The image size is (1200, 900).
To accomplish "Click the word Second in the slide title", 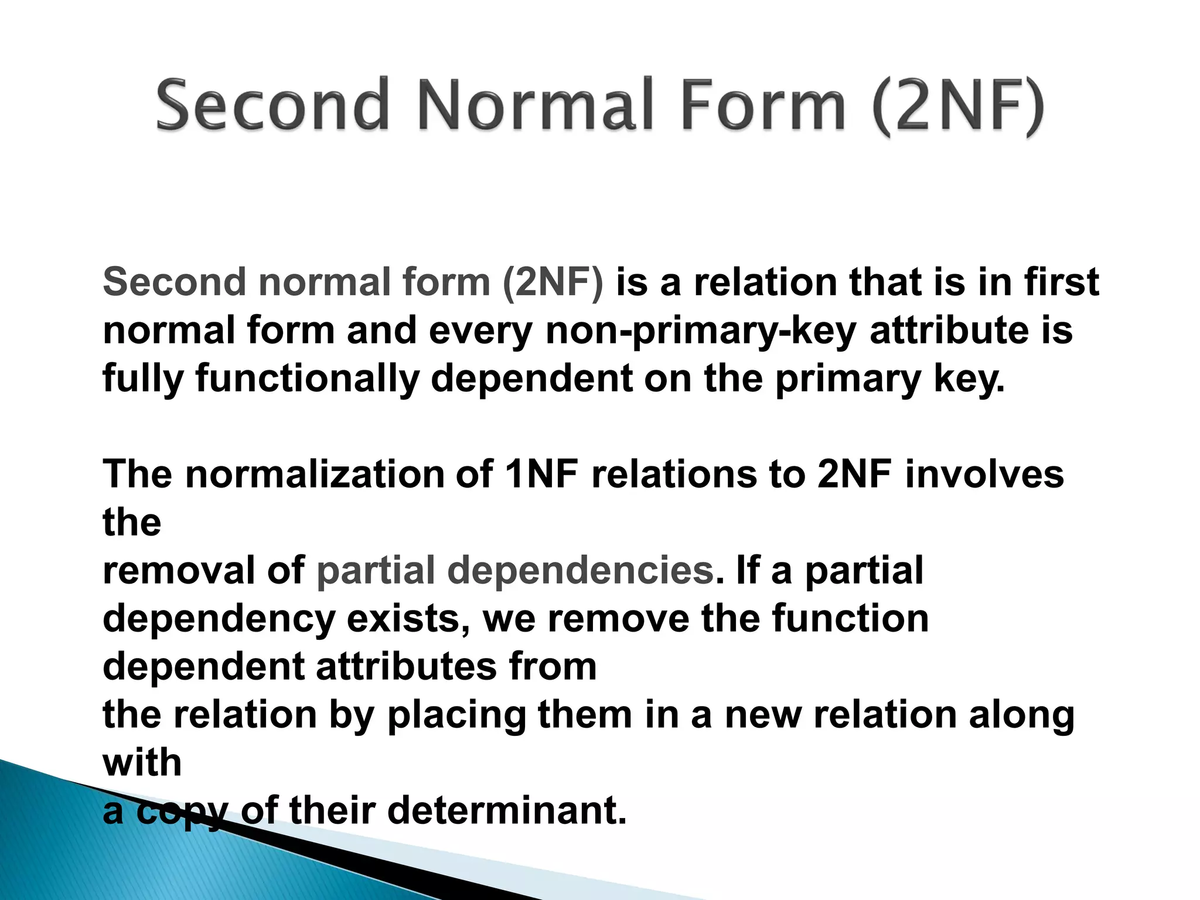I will click(273, 105).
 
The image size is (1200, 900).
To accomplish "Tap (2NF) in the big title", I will click(957, 107).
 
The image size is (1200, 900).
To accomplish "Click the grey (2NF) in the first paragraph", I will click(552, 282).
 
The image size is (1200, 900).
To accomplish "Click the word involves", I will click(984, 475).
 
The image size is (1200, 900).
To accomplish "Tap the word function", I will click(850, 619).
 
